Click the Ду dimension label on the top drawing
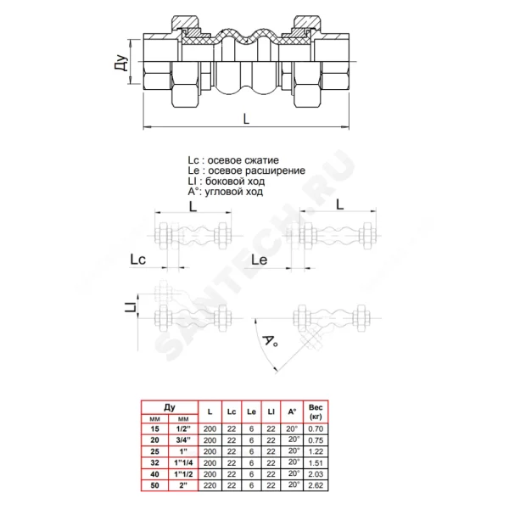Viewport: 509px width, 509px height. coord(121,63)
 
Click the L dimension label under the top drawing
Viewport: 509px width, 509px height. coord(246,119)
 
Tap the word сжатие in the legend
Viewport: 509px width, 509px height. coord(260,160)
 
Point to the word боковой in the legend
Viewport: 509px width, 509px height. coord(224,182)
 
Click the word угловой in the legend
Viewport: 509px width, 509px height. coord(223,192)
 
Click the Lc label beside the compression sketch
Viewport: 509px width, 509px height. coord(138,260)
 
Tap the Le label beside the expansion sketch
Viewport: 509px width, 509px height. coord(260,260)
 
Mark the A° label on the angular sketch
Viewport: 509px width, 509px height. coord(270,341)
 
